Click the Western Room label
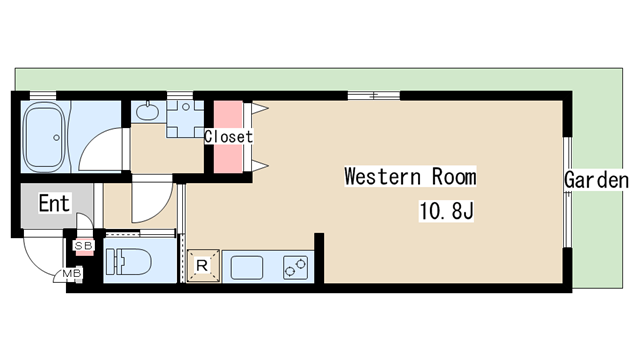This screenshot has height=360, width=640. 410,177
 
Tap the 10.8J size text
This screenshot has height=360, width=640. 446,211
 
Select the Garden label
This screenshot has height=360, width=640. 596,180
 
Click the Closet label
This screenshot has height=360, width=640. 228,136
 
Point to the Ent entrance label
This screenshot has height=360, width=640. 54,203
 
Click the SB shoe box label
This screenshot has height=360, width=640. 84,246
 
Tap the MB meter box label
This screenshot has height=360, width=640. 72,273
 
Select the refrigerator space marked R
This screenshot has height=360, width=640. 203,266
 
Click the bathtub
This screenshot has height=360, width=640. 44,136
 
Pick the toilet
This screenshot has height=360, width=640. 128,262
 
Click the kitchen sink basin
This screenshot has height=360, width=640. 247,267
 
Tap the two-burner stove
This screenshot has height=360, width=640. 296,267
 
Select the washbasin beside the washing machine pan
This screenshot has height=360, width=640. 147,111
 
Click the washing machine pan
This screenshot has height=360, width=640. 185,119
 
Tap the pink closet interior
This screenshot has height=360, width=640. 228,137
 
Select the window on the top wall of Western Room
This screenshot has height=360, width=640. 373,96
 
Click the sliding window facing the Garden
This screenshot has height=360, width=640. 567,192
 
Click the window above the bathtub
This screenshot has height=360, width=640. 43,96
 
